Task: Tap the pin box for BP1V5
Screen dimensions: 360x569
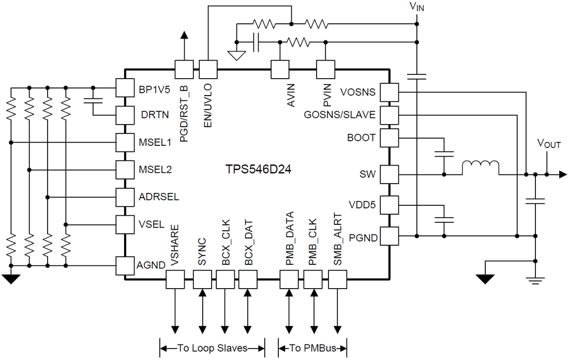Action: (124, 87)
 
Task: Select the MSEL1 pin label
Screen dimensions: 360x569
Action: (155, 142)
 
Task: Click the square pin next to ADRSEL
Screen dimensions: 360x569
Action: (124, 197)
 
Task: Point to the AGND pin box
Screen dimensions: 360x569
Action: (124, 265)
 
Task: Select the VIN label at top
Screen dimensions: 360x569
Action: (416, 7)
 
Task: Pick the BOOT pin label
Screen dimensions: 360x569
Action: (362, 138)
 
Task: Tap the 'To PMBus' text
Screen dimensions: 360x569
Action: (312, 348)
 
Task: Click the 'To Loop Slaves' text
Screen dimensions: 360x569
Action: (212, 348)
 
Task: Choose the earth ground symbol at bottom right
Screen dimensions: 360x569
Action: (535, 280)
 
